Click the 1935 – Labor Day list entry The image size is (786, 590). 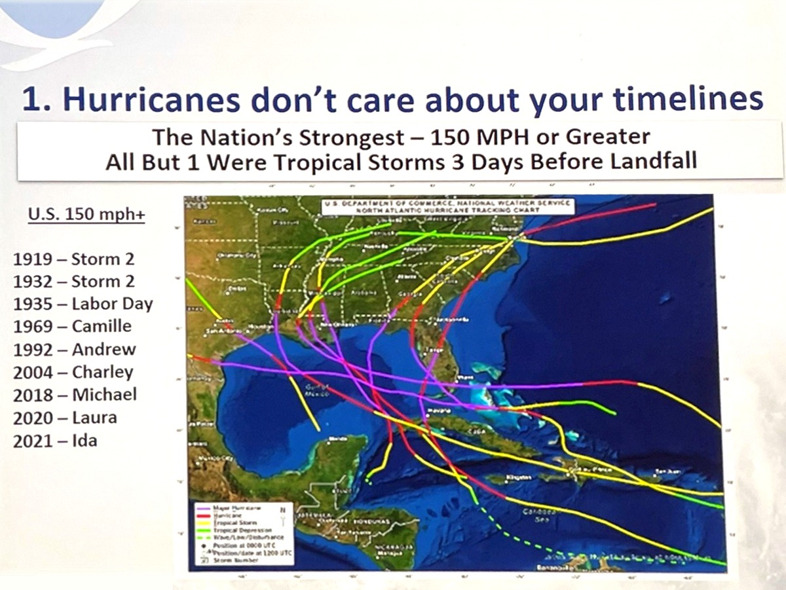83,304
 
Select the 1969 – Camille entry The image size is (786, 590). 72,326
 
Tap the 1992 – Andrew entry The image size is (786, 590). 75,349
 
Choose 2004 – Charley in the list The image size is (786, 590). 73,372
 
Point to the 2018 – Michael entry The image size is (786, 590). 75,394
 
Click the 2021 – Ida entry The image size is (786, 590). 55,440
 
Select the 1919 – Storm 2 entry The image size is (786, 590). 73,259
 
